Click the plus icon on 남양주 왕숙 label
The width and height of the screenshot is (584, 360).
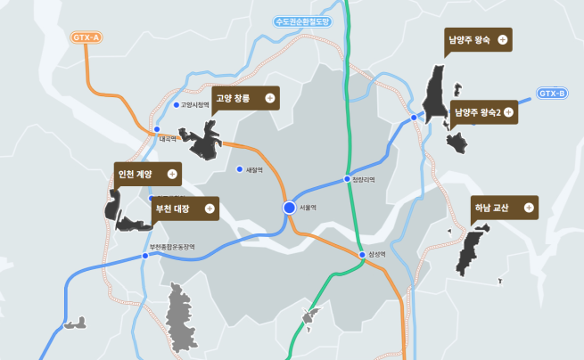click(504, 40)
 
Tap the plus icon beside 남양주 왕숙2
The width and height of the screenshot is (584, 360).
click(508, 112)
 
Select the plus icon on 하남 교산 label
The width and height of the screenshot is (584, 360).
click(529, 208)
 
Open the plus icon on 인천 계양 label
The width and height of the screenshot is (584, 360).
click(172, 174)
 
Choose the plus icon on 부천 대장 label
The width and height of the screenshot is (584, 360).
click(210, 209)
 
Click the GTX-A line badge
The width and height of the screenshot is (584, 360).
click(86, 37)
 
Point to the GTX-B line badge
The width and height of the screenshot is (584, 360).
click(553, 93)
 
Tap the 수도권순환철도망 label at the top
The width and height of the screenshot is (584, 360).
click(302, 20)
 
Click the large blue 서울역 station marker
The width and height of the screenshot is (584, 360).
click(289, 208)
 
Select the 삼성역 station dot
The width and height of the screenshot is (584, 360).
click(362, 254)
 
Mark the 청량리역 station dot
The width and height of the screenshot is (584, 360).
click(348, 179)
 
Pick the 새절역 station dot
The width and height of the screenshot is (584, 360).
click(239, 169)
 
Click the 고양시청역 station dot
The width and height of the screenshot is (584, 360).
click(177, 105)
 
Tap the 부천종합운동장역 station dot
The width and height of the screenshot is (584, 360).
click(145, 256)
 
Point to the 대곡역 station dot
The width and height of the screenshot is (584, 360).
click(156, 130)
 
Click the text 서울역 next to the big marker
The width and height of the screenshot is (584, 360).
click(309, 208)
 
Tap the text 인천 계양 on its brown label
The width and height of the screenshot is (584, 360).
click(136, 174)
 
